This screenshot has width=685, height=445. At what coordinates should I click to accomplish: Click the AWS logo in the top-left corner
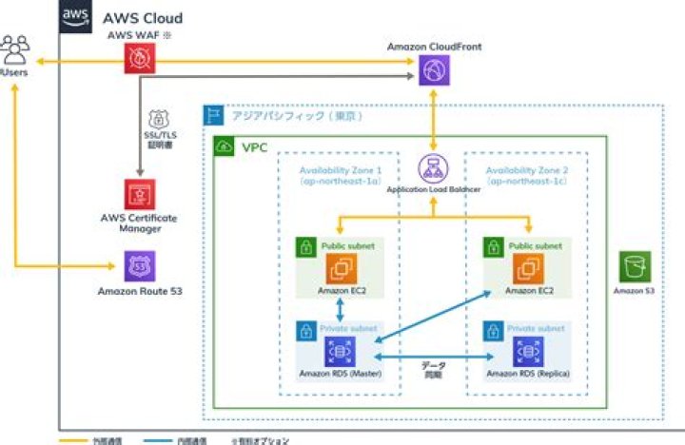(76, 16)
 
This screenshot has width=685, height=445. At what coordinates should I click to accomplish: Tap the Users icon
(16, 47)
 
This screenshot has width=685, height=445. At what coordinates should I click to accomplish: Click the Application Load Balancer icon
(434, 169)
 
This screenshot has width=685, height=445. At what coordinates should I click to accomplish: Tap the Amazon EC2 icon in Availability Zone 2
(528, 268)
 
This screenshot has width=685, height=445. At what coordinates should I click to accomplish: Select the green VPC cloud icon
(225, 147)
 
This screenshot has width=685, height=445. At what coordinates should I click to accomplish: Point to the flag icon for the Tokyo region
(214, 116)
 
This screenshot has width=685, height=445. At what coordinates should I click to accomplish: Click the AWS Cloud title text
(143, 18)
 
